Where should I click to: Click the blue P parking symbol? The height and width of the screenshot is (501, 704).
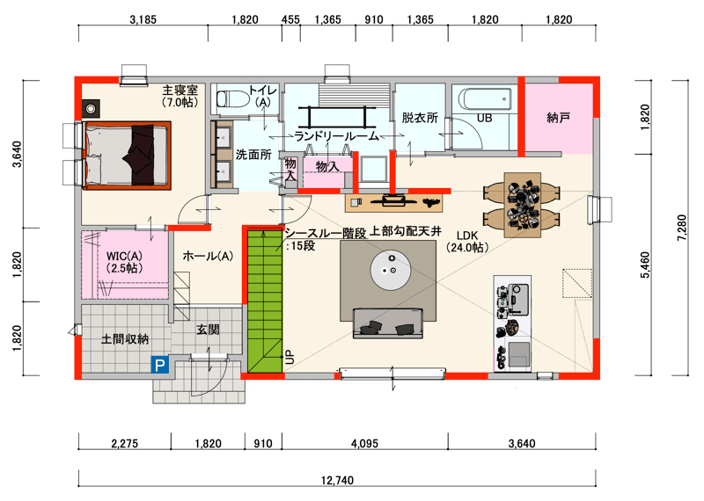pyautogui.click(x=160, y=365)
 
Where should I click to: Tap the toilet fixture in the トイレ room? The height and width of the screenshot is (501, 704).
pyautogui.click(x=233, y=98)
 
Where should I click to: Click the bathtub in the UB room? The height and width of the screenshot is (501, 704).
pyautogui.click(x=486, y=98)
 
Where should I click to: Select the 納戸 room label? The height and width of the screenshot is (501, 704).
pyautogui.click(x=558, y=118)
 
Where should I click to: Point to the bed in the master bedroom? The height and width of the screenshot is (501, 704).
pyautogui.click(x=128, y=156)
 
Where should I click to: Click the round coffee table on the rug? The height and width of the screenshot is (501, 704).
pyautogui.click(x=391, y=270)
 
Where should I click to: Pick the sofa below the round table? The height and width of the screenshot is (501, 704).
pyautogui.click(x=388, y=323)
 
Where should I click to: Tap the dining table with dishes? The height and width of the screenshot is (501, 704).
pyautogui.click(x=522, y=205)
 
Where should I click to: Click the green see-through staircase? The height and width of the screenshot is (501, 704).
pyautogui.click(x=265, y=301)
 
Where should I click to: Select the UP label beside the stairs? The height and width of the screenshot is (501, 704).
pyautogui.click(x=290, y=357)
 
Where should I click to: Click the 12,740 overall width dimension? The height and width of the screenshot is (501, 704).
pyautogui.click(x=337, y=481)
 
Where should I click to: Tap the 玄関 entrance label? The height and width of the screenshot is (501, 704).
pyautogui.click(x=208, y=330)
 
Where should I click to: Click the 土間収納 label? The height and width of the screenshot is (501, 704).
pyautogui.click(x=125, y=338)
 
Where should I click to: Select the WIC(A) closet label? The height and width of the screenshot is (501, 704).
pyautogui.click(x=124, y=256)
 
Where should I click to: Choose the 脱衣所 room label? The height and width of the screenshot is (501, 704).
pyautogui.click(x=420, y=118)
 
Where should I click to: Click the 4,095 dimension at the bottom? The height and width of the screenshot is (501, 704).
pyautogui.click(x=364, y=444)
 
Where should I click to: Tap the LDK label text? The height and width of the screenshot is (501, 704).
pyautogui.click(x=467, y=236)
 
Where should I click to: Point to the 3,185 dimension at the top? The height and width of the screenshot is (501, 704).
pyautogui.click(x=143, y=19)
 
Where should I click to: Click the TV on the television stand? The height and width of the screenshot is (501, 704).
pyautogui.click(x=393, y=200)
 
